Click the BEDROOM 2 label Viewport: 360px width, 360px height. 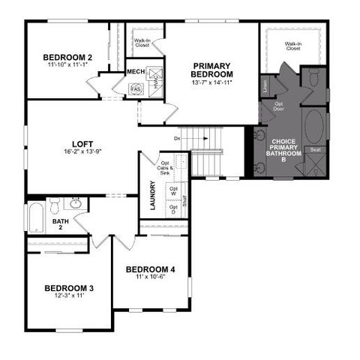point(67,57)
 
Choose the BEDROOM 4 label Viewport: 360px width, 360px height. point(150,269)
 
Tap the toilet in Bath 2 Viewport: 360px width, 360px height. point(54,205)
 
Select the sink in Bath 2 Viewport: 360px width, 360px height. point(76,202)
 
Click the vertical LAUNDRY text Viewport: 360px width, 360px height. point(152,195)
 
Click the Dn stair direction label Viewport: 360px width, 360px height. point(178,139)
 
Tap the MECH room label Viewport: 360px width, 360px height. point(136,72)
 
